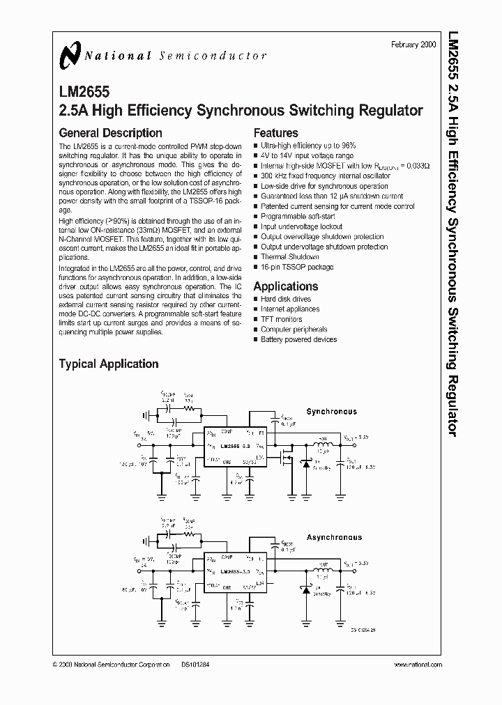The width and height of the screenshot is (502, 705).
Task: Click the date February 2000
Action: coord(413,44)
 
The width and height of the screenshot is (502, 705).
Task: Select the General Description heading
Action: coord(110,133)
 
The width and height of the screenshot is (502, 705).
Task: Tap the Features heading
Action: coord(275,133)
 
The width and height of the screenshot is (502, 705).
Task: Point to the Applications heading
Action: coord(285,286)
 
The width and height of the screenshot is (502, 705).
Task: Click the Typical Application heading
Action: coord(108,364)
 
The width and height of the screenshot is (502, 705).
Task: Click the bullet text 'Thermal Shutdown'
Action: coord(289,257)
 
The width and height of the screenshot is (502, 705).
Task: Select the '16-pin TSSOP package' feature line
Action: coord(297,267)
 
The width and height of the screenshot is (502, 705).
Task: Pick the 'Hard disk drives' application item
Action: coord(286,299)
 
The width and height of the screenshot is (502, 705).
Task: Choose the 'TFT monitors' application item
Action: coord(282,319)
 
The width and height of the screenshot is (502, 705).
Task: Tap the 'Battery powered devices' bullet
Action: coord(298,339)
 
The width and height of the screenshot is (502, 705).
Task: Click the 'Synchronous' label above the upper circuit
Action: coord(331,412)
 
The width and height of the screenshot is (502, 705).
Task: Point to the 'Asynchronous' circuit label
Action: coord(334,537)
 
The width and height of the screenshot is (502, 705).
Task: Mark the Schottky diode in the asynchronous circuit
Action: coord(305,589)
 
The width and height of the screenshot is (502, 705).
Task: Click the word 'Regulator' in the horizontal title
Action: coord(389,110)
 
